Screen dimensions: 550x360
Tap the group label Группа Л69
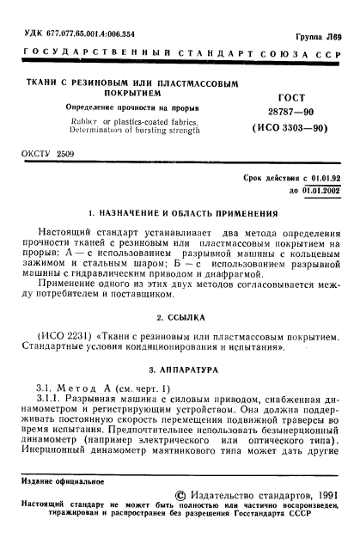click(320, 35)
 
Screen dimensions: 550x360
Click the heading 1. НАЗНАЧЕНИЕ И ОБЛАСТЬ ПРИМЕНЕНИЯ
click(180, 212)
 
